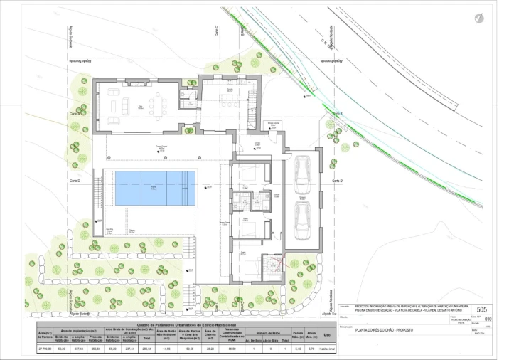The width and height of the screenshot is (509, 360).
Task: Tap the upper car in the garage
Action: point(301,171)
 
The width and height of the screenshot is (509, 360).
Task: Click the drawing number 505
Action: point(481,309)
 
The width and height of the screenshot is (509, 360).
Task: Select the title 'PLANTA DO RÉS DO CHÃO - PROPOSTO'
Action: point(379,329)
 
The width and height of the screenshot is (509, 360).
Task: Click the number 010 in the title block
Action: point(487,319)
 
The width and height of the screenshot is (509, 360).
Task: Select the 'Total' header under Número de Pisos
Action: point(284,341)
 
